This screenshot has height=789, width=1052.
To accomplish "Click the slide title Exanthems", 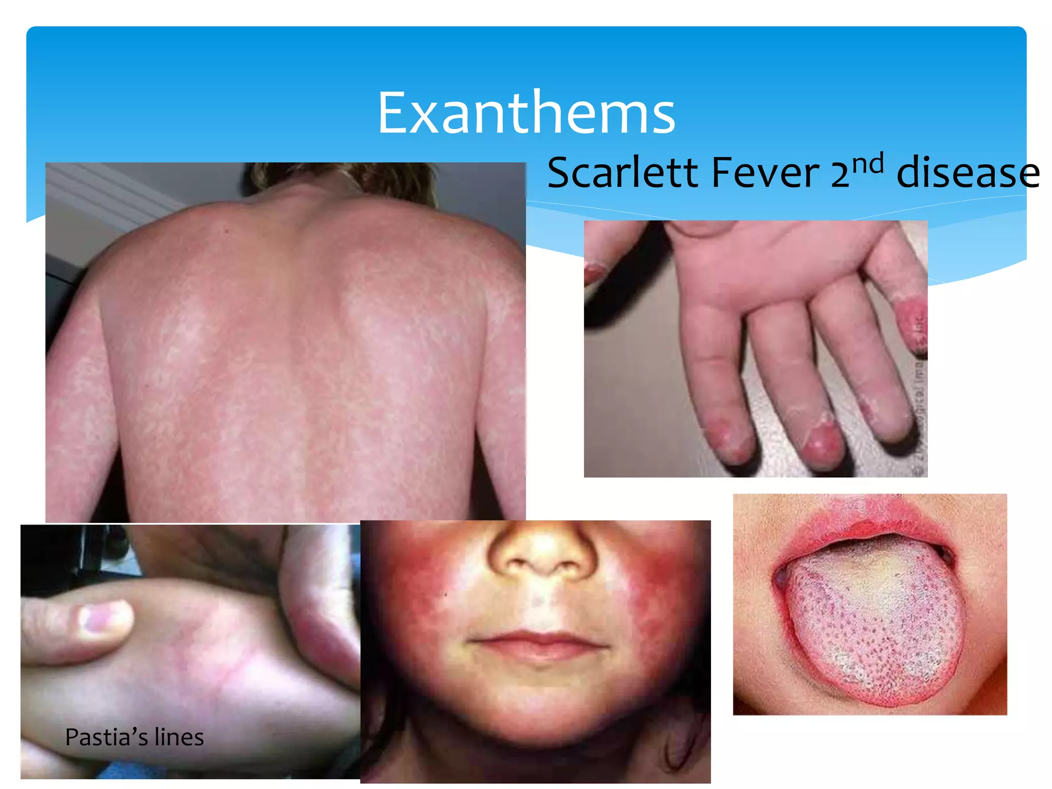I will point(526,113).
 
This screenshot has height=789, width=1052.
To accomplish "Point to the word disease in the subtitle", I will point(968,174).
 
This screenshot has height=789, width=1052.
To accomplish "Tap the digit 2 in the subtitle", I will point(839,174).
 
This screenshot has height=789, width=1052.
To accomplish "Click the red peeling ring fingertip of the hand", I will point(824,442).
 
